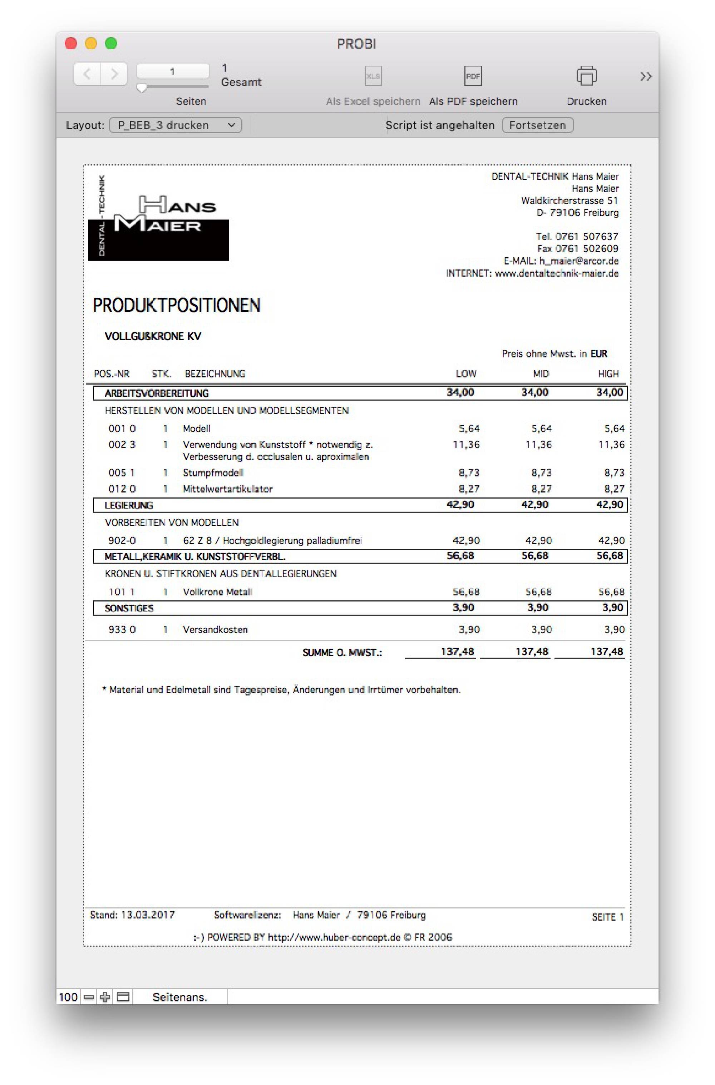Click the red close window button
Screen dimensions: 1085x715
(x=71, y=43)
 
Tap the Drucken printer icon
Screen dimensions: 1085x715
(x=586, y=76)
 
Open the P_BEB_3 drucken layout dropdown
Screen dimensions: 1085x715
(x=176, y=125)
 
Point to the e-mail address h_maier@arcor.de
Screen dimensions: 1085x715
(x=579, y=261)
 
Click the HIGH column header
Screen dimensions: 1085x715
(x=608, y=374)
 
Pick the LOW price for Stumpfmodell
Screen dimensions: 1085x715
(x=469, y=473)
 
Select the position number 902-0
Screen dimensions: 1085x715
(x=122, y=541)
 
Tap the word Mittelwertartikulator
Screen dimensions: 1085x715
(x=227, y=489)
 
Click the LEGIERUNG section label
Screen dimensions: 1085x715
(x=129, y=505)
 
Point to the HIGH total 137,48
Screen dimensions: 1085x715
(x=606, y=652)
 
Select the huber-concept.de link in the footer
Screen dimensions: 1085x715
(x=334, y=937)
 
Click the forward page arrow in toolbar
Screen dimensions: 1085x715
(x=114, y=73)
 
